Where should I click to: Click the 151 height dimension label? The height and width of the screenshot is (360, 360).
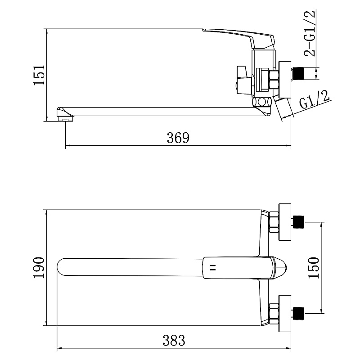coord(39,75)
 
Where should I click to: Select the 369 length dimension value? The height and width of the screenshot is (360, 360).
coord(178,138)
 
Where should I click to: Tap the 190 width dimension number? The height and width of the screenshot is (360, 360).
coord(39,268)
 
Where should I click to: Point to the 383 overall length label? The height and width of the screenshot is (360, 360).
coord(174,340)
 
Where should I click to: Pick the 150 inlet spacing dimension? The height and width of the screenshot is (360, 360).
coord(314,268)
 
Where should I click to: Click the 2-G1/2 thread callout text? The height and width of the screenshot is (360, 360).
coord(310,33)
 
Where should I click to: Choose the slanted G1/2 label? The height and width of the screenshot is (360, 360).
coord(315,100)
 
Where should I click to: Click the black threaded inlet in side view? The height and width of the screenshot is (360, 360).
coord(299,73)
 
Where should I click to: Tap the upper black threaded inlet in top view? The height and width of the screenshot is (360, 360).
coord(299,222)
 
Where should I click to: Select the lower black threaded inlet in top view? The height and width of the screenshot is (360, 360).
coord(299,313)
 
